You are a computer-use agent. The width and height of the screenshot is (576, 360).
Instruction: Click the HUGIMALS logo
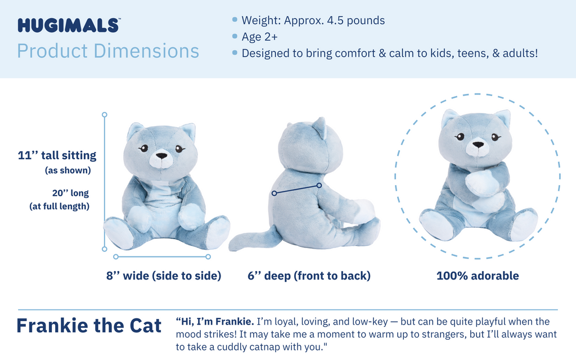click(x=68, y=25)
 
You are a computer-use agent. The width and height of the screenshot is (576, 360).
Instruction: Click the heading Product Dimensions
click(x=108, y=51)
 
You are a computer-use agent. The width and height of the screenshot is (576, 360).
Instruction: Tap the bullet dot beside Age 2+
click(x=235, y=37)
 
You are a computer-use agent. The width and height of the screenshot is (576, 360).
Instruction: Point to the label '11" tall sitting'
click(x=57, y=155)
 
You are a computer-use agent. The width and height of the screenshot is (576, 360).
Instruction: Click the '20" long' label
click(x=70, y=193)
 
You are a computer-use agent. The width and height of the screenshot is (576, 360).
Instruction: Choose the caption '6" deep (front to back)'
click(x=309, y=276)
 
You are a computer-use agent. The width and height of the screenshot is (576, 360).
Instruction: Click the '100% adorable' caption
click(x=478, y=276)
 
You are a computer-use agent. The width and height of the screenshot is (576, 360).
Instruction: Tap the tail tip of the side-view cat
click(x=234, y=245)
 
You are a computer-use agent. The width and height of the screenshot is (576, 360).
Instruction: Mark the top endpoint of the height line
click(x=104, y=115)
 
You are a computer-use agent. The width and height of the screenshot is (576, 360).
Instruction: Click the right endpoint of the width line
click(x=208, y=256)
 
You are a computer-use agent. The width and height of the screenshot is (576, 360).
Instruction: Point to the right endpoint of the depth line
click(x=319, y=185)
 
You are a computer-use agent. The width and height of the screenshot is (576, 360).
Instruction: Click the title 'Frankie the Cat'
click(x=89, y=326)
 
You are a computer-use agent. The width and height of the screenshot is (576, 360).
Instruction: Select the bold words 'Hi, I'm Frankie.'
click(x=215, y=322)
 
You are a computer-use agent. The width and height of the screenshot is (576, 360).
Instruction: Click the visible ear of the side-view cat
click(x=320, y=128)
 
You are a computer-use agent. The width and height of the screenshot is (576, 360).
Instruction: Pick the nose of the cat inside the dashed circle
click(x=478, y=145)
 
